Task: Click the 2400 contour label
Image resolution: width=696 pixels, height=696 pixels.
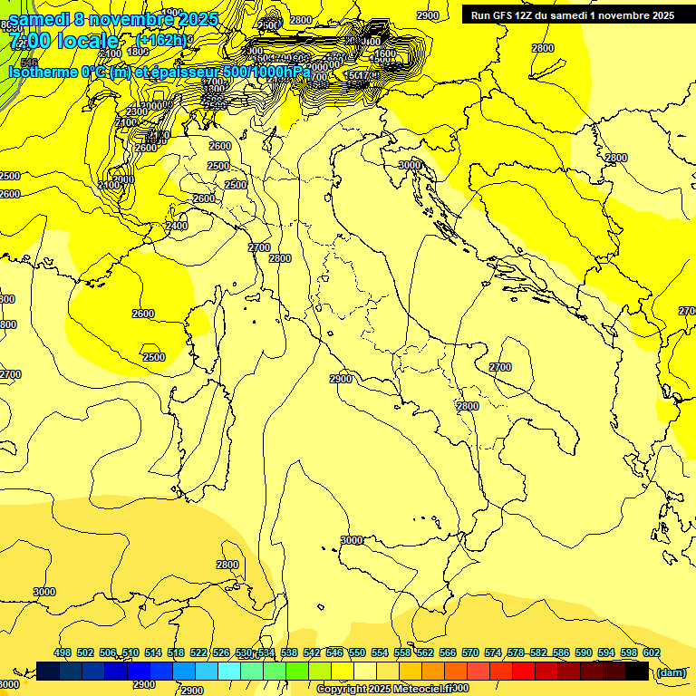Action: (177, 226)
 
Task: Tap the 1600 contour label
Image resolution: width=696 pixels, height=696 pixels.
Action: (385, 54)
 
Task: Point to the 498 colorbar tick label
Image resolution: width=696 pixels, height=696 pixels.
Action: (63, 652)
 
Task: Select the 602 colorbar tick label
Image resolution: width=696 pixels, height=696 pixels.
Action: (652, 652)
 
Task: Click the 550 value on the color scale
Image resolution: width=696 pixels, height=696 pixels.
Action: (357, 652)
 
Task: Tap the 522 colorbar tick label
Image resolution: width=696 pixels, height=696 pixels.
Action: (198, 652)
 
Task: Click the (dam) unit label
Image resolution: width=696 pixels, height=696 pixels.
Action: (672, 672)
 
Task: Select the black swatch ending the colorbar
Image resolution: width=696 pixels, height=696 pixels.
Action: (637, 672)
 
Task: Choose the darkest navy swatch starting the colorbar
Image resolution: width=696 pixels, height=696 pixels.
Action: (48, 672)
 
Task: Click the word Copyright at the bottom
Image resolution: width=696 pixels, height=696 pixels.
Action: (342, 690)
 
